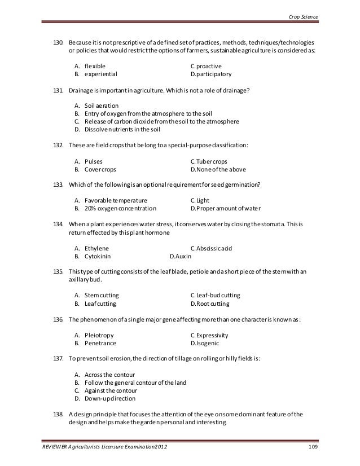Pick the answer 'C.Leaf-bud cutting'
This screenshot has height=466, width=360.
click(216, 295)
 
